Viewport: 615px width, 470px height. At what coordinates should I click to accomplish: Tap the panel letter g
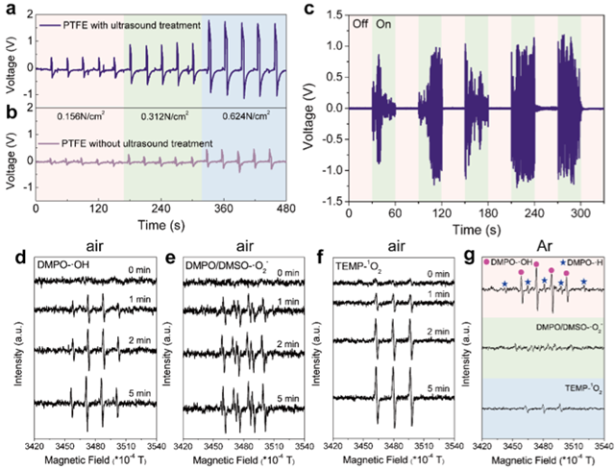(x=478, y=257)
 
